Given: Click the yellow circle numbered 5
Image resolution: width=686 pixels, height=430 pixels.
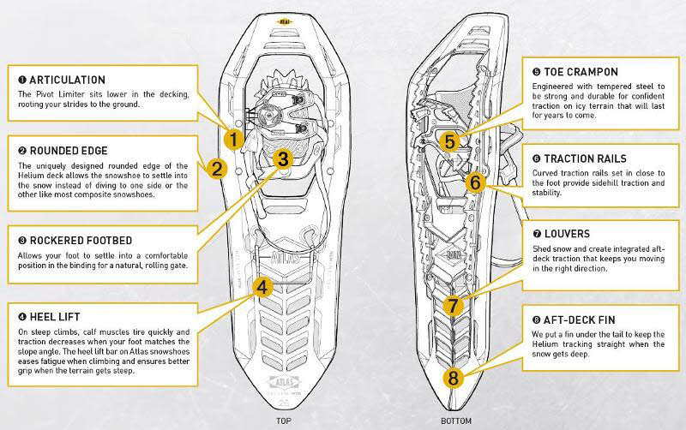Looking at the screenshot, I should tap(448, 140).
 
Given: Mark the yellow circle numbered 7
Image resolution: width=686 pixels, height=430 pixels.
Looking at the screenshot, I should tap(455, 304).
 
